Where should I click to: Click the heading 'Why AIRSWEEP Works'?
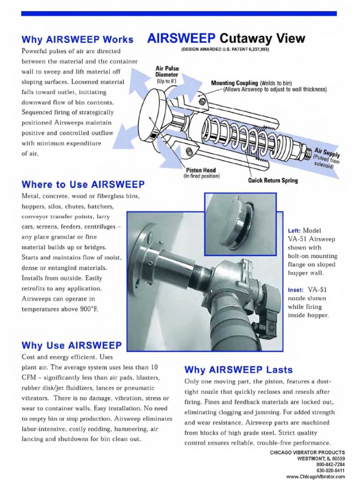[77, 39]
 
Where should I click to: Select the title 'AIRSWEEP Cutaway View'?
[226, 38]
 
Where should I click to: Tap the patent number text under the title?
[225, 49]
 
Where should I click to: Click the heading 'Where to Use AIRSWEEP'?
[83, 184]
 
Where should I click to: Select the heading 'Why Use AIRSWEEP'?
[71, 345]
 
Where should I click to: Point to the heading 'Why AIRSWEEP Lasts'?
[239, 369]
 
